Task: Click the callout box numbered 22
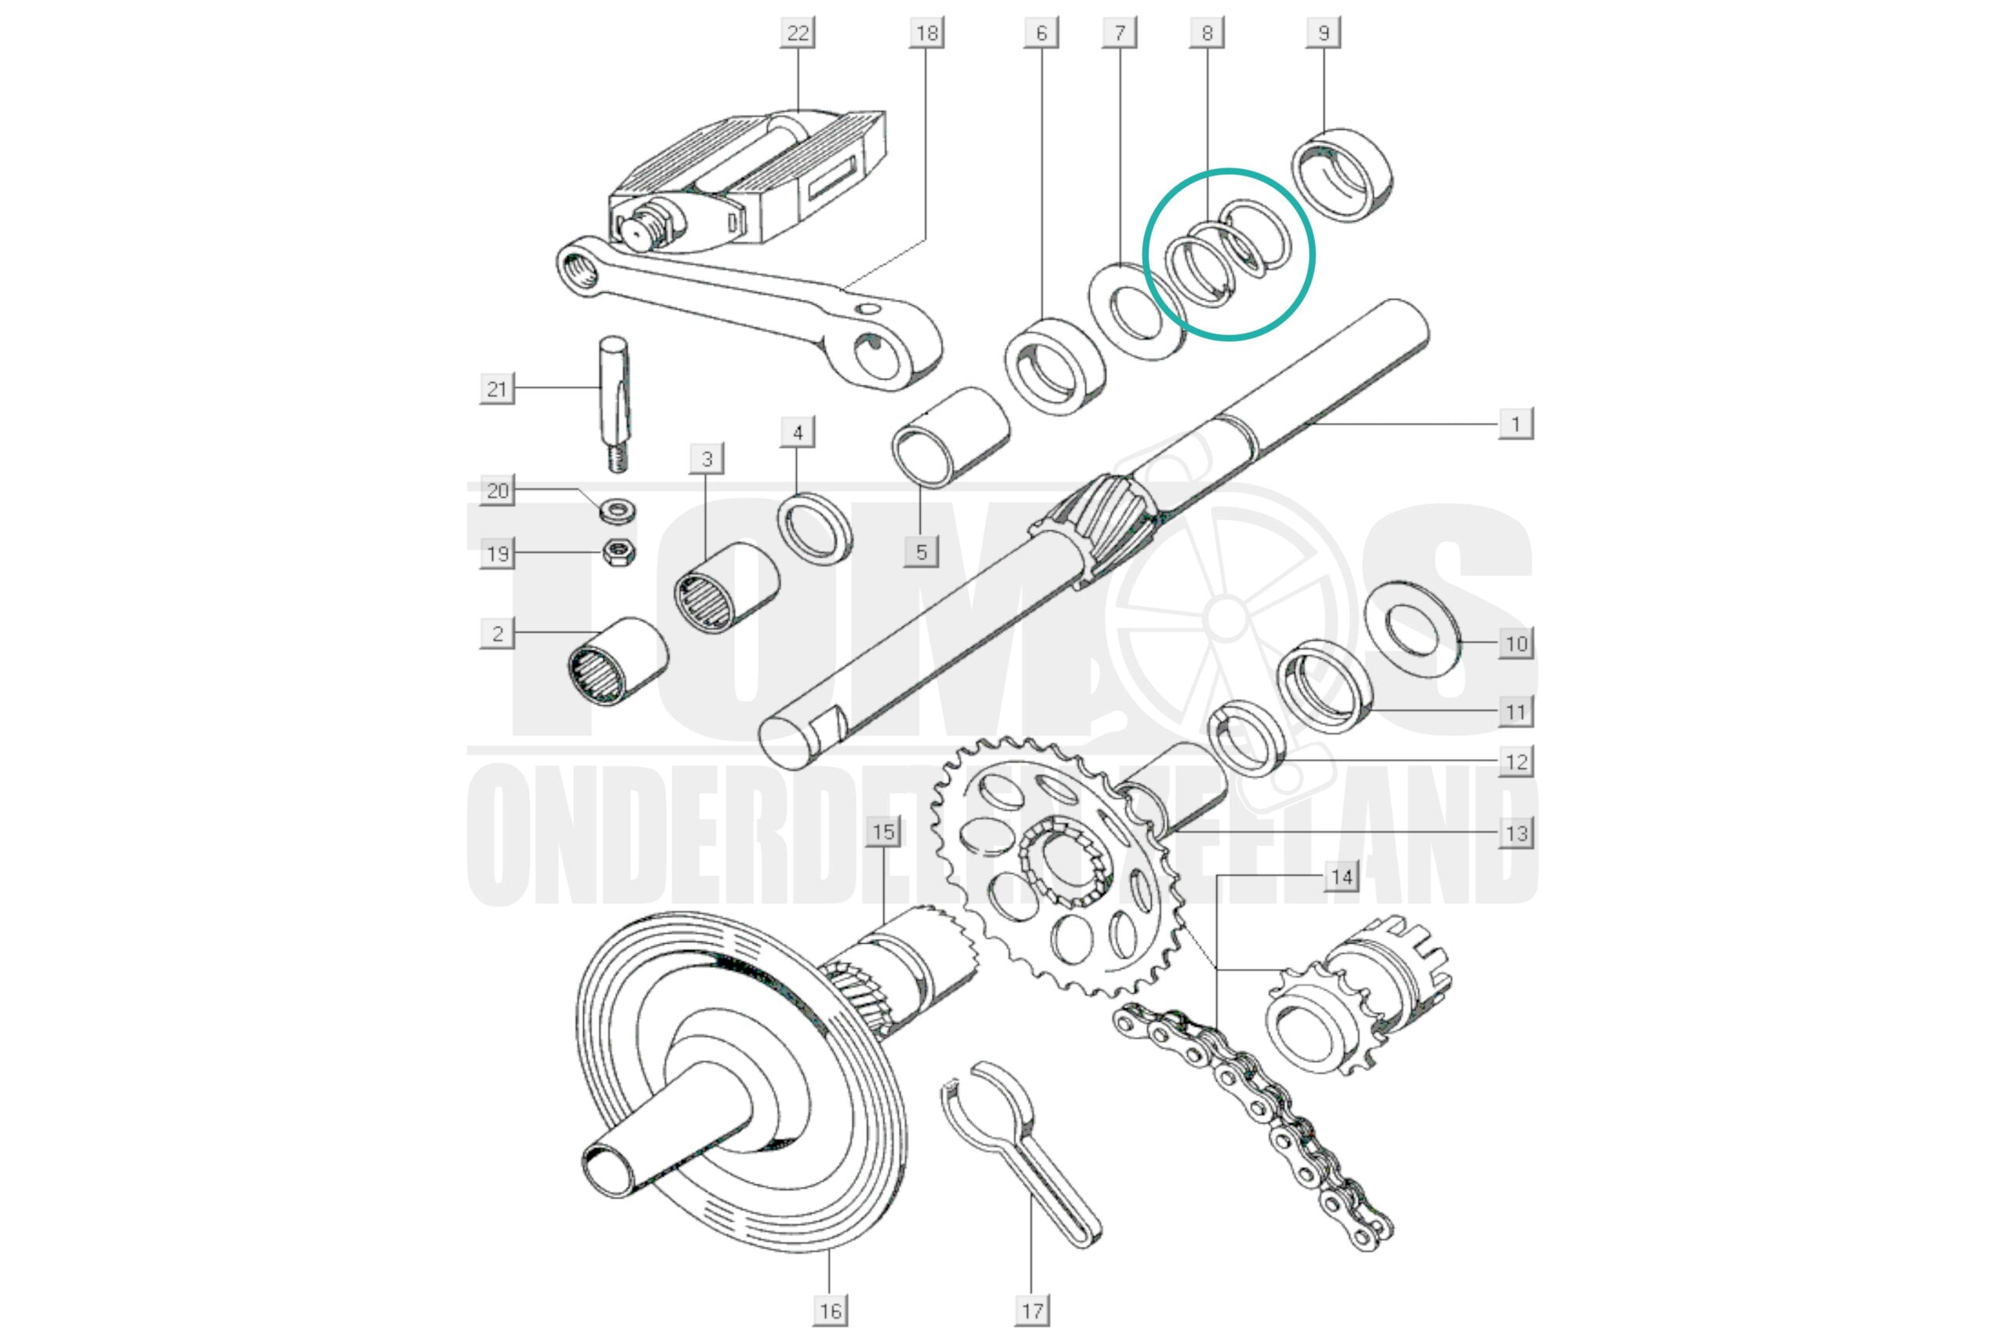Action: [797, 33]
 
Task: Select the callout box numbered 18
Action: [926, 33]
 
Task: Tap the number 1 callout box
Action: [1515, 424]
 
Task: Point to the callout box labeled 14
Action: [1341, 876]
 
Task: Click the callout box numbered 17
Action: [1032, 1310]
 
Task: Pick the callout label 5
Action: [922, 551]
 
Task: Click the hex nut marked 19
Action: [618, 554]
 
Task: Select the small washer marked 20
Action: [618, 512]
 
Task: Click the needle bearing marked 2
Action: [617, 661]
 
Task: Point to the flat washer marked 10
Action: [1412, 629]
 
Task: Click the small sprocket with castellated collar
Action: [1356, 998]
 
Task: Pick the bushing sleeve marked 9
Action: [1341, 175]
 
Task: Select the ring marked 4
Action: [814, 529]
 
